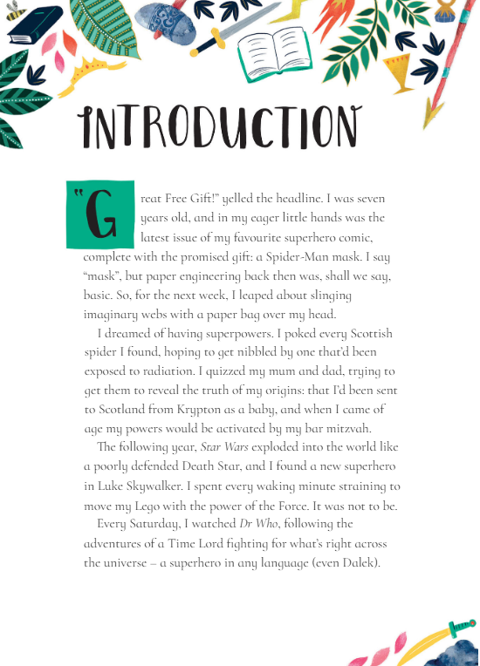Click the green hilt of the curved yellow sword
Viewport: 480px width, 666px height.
[x=457, y=626]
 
